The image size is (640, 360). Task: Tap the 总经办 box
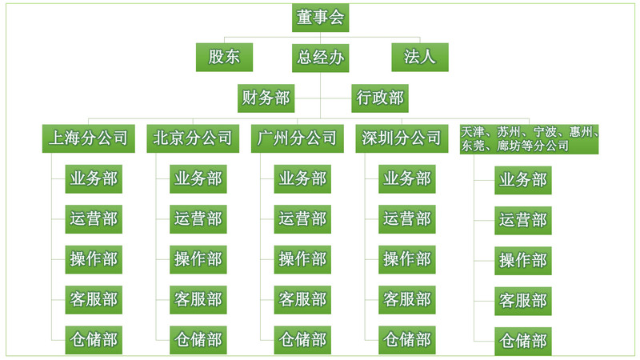pyautogui.click(x=320, y=57)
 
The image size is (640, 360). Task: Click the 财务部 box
pyautogui.click(x=266, y=98)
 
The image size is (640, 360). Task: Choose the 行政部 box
pyautogui.click(x=380, y=98)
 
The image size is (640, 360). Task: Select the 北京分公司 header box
pyautogui.click(x=194, y=138)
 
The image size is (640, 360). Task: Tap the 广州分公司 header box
pyautogui.click(x=298, y=138)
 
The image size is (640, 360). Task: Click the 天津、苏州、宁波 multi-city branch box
pyautogui.click(x=530, y=138)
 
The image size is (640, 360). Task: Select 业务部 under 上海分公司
pyautogui.click(x=94, y=179)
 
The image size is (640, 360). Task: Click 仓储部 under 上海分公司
pyautogui.click(x=94, y=340)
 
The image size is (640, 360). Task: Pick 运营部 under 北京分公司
pyautogui.click(x=198, y=218)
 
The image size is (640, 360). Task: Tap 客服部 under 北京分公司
pyautogui.click(x=198, y=300)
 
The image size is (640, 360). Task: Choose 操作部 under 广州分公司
pyautogui.click(x=302, y=259)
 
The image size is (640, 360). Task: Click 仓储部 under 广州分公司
pyautogui.click(x=302, y=340)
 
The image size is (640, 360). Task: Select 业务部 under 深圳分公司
pyautogui.click(x=407, y=179)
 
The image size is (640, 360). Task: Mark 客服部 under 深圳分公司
pyautogui.click(x=407, y=300)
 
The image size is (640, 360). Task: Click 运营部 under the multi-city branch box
pyautogui.click(x=523, y=220)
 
